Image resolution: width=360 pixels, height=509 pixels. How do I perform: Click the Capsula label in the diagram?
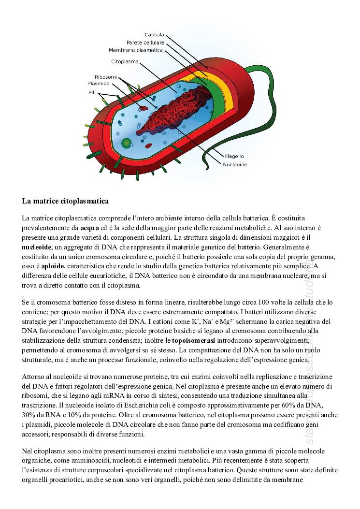coord(154,35)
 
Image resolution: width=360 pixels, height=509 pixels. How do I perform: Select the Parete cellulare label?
coord(145,43)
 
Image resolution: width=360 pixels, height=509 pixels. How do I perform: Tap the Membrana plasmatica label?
coord(136,50)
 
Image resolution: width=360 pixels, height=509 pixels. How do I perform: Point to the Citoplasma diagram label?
coord(125,62)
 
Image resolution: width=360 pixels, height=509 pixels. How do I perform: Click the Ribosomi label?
coord(105,77)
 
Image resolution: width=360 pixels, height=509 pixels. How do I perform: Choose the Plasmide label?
coord(105,83)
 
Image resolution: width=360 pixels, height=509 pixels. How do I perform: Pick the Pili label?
coord(92,92)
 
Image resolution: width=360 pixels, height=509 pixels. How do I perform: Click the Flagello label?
coord(234,156)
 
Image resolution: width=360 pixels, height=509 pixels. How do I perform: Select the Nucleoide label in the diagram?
coord(235,164)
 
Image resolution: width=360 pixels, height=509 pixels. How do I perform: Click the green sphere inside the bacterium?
coord(126,143)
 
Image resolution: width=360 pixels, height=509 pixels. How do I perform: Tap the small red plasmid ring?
coord(144,106)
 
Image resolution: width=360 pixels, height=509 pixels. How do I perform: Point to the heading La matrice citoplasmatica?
coord(65,201)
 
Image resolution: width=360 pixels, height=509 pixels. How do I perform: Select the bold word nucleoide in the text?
coord(37,247)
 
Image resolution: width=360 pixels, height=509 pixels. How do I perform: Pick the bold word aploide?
coord(53,266)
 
